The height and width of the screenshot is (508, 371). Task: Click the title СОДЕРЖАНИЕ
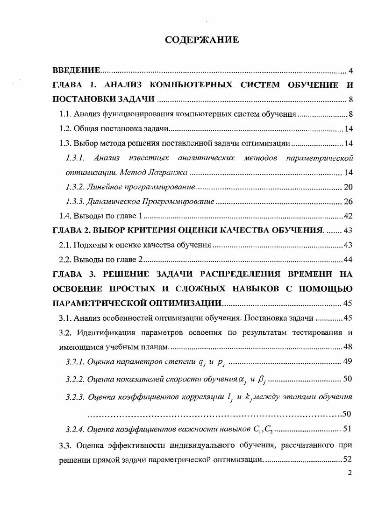202,40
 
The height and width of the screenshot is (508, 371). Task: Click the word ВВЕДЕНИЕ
76,71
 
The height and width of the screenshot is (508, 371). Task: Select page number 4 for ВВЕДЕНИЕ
350,71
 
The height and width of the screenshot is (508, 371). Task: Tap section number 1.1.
65,114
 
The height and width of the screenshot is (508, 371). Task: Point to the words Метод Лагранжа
155,173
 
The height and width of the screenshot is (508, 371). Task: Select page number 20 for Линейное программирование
348,187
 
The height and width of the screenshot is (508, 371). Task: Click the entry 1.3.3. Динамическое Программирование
140,202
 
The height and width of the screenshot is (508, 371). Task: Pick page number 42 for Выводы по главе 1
348,216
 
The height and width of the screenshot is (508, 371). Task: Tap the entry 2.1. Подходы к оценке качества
135,245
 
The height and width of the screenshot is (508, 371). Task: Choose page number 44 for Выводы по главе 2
348,259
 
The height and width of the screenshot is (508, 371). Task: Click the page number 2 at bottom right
350,473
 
